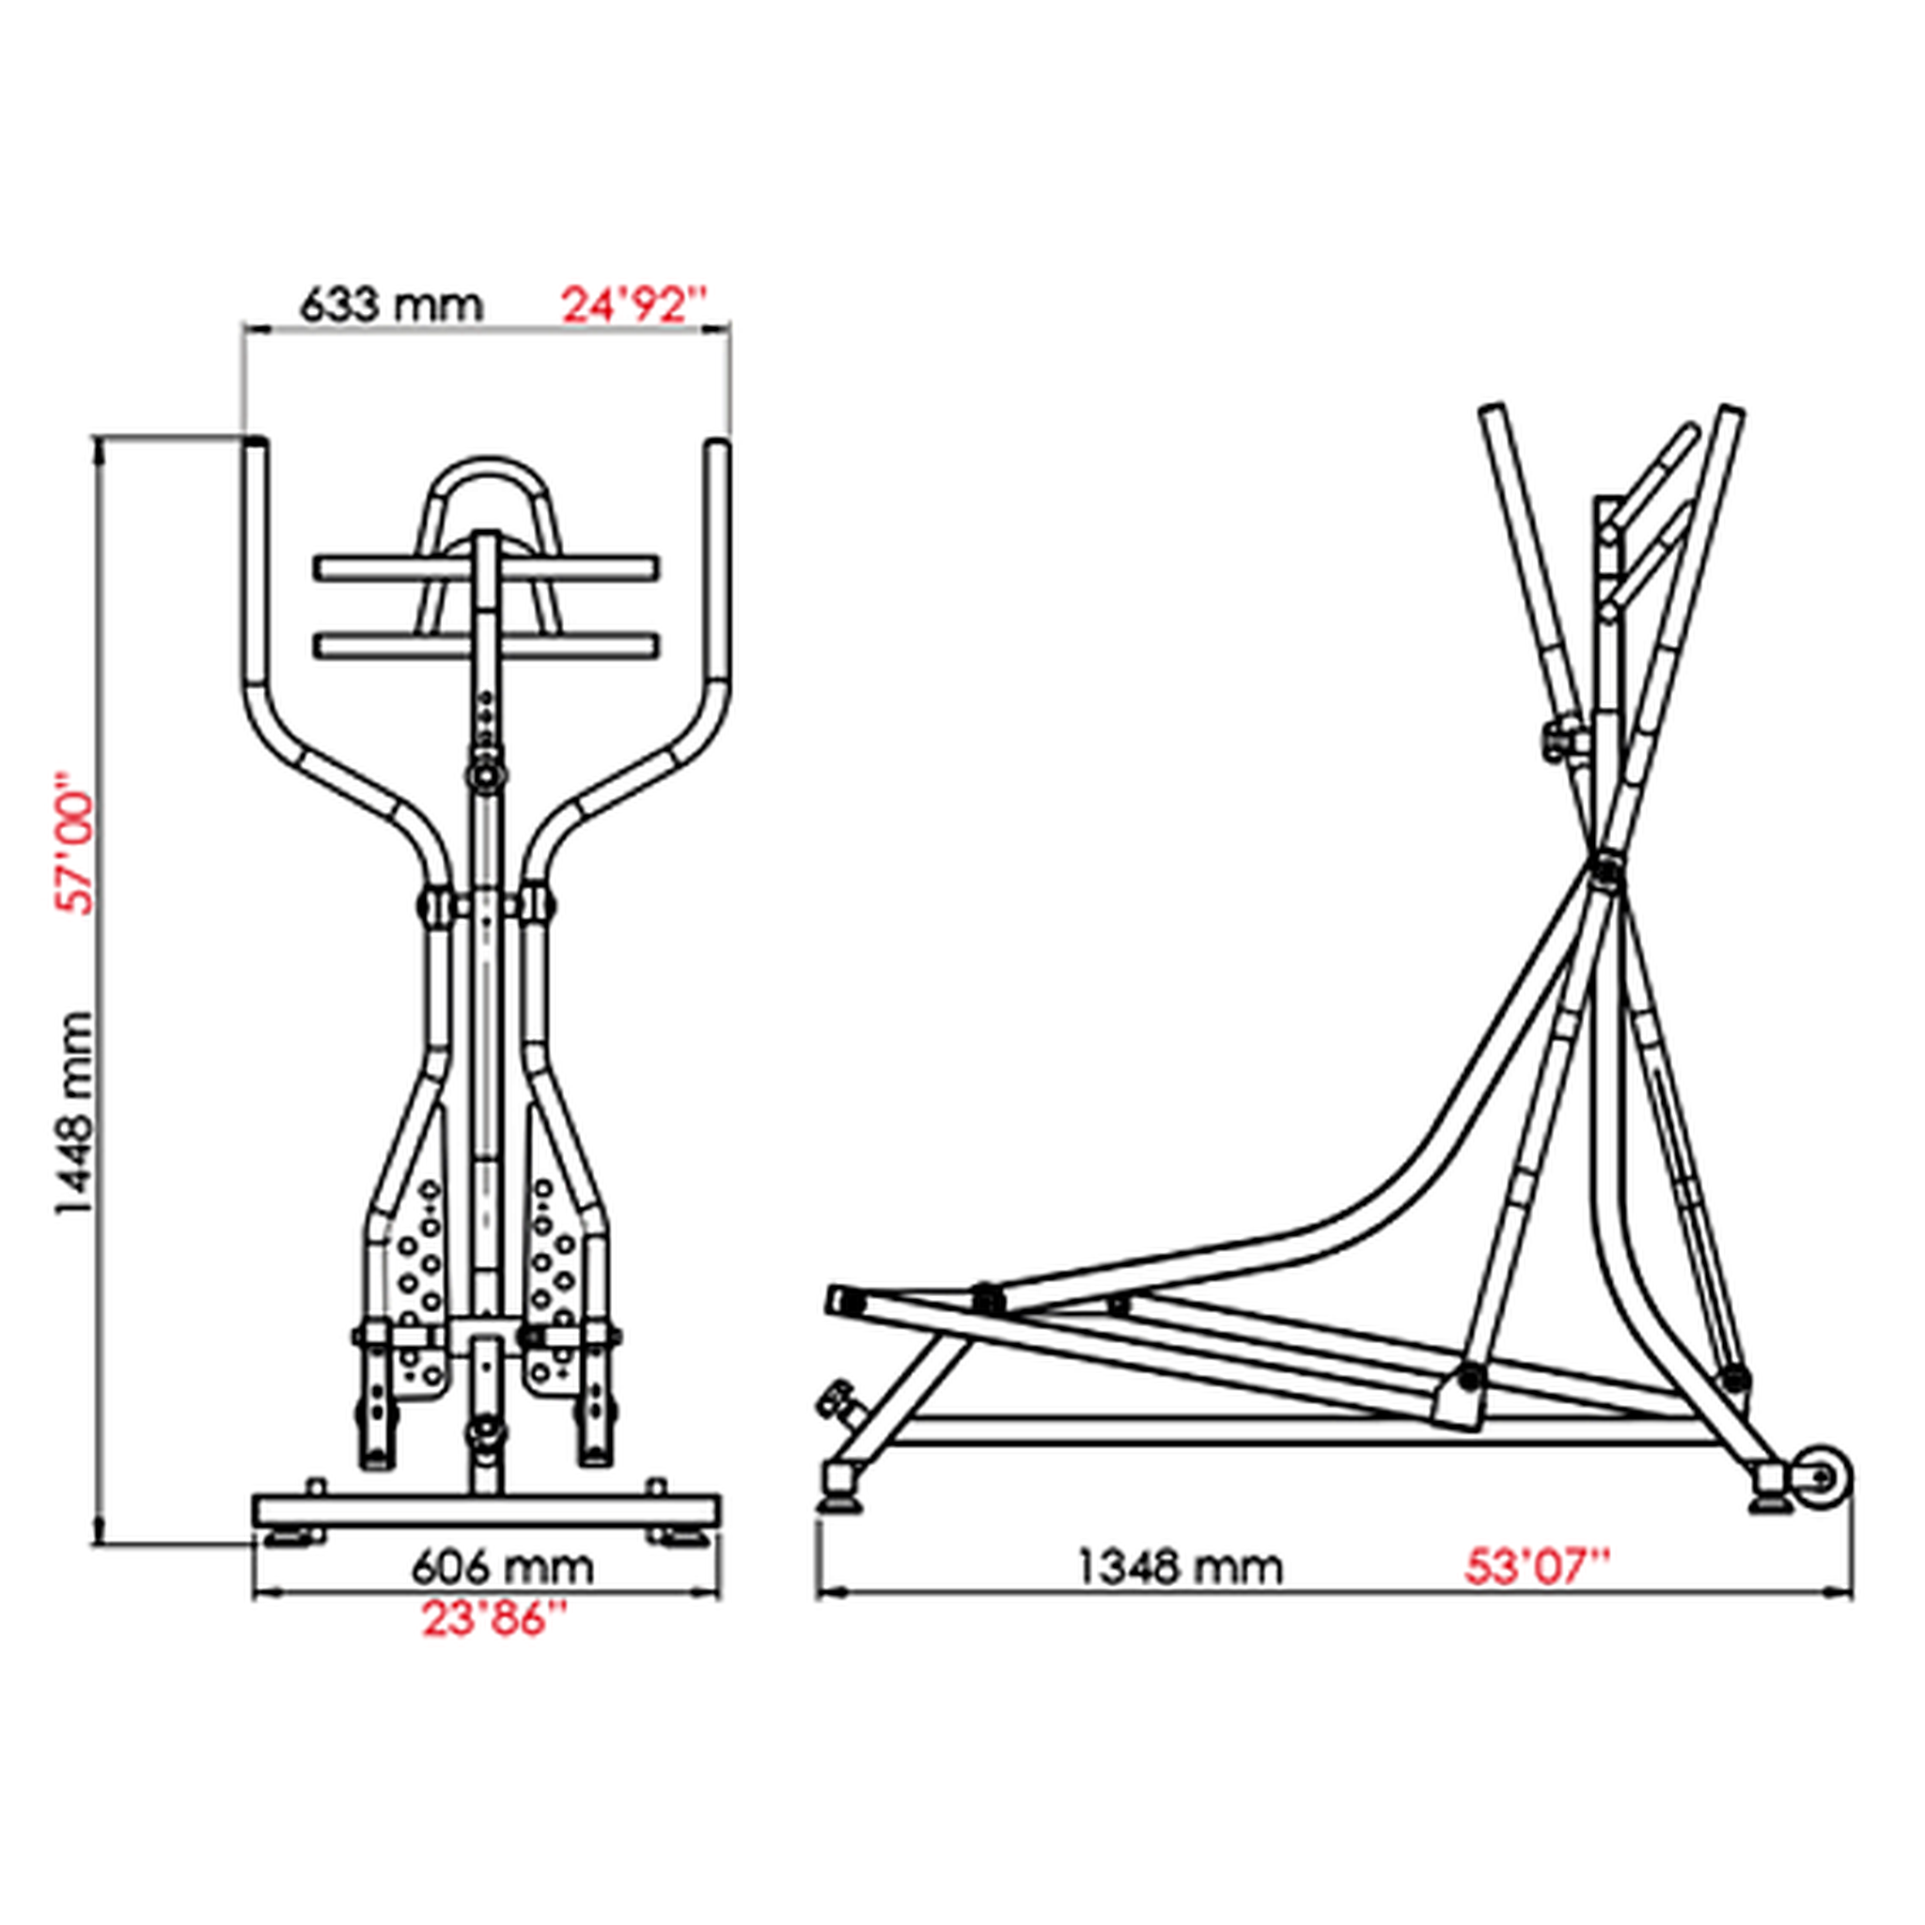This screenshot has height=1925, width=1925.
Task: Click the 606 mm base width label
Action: (502, 1567)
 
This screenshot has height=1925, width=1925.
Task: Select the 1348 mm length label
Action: (1181, 1567)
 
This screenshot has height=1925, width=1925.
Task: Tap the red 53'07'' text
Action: (1538, 1567)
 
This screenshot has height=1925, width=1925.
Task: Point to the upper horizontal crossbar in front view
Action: (486, 569)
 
